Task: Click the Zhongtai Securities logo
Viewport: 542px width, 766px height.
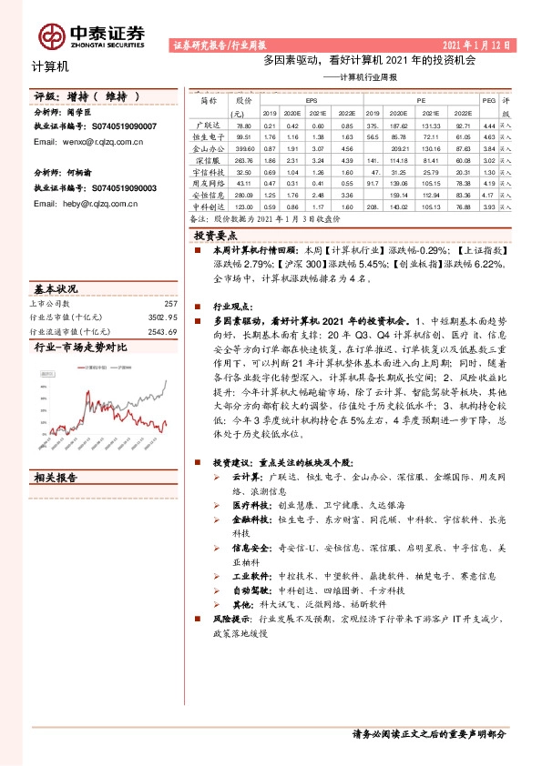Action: (x=92, y=35)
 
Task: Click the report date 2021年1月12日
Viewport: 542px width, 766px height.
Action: (x=477, y=45)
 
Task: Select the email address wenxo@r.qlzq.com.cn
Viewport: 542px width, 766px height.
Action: (x=91, y=142)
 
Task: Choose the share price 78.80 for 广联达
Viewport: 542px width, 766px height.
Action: (x=243, y=124)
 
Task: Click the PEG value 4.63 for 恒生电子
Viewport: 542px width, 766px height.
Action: (x=489, y=136)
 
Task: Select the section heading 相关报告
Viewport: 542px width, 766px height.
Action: (x=60, y=478)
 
